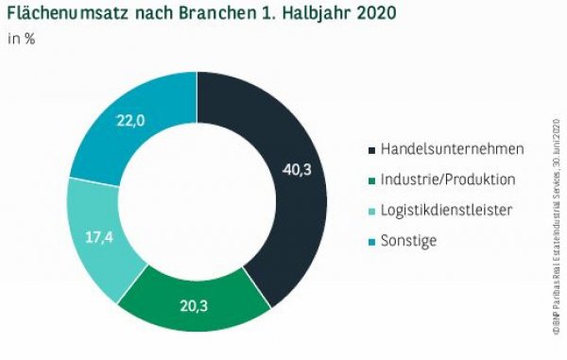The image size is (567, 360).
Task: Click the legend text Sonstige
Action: [404, 240]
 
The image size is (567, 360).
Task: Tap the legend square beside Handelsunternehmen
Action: [369, 149]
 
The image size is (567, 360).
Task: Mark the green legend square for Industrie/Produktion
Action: [369, 180]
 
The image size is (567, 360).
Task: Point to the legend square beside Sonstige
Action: [369, 240]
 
